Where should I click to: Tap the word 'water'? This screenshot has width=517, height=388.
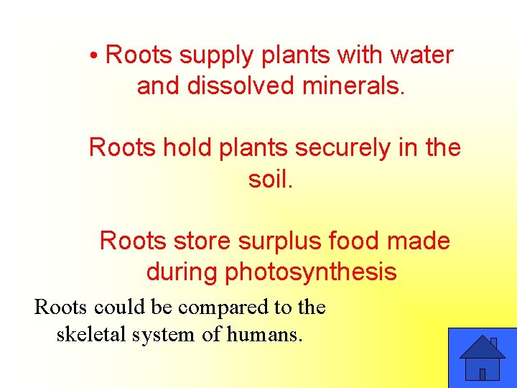pyautogui.click(x=421, y=55)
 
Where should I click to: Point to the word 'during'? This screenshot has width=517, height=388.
pyautogui.click(x=182, y=272)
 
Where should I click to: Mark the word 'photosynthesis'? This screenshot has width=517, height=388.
pyautogui.click(x=311, y=273)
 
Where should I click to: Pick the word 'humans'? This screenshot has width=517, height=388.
pyautogui.click(x=264, y=334)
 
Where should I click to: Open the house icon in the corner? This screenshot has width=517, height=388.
pyautogui.click(x=482, y=358)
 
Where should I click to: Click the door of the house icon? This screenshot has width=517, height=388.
pyautogui.click(x=483, y=374)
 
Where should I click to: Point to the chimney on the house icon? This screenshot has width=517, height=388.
pyautogui.click(x=493, y=343)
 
